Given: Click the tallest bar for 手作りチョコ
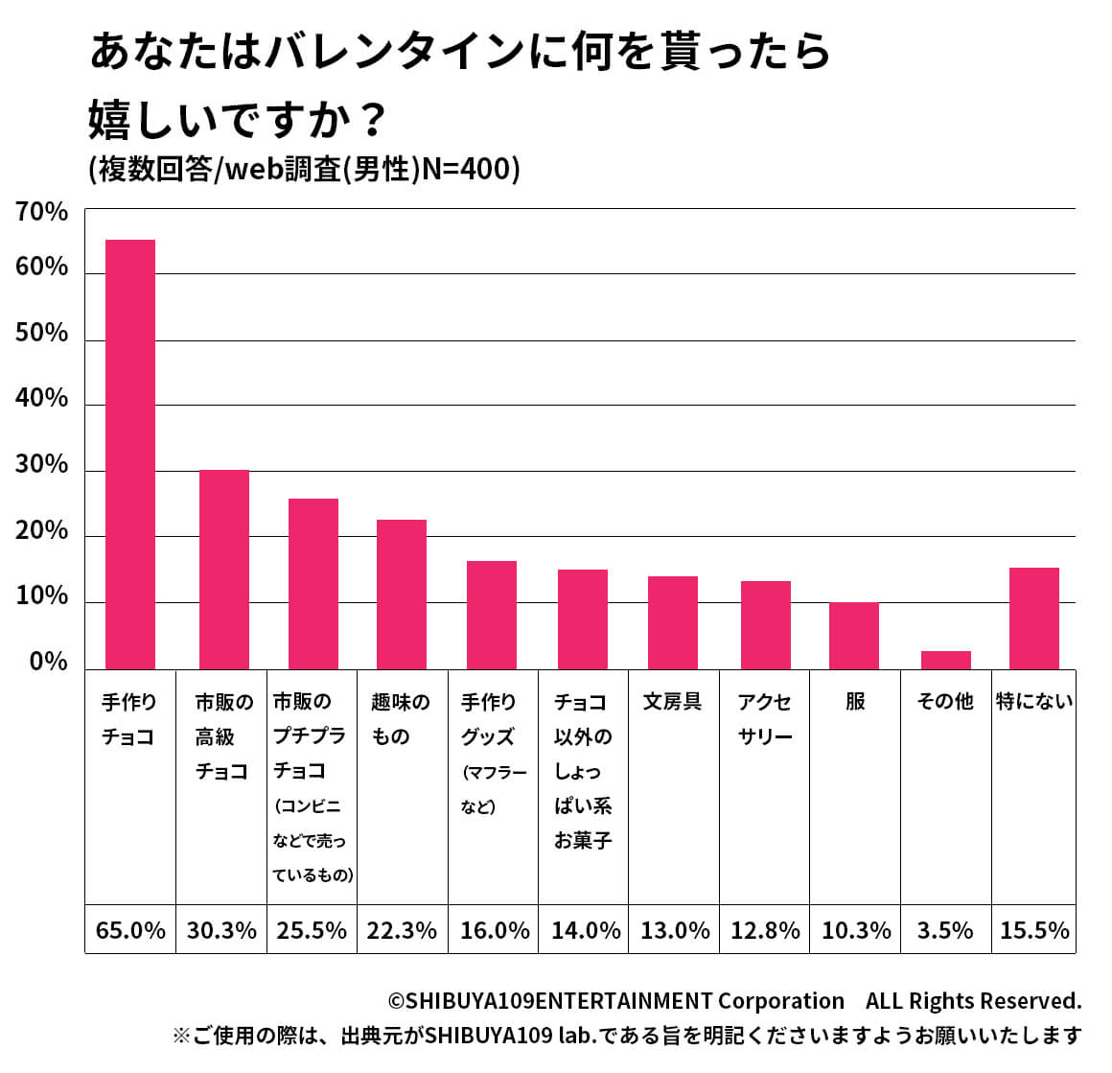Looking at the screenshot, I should click(129, 455).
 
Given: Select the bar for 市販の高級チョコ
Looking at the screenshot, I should click(223, 570).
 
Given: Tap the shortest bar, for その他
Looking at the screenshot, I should click(945, 660).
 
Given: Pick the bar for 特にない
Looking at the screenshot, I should click(1033, 618).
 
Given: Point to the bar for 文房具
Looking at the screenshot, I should click(672, 622).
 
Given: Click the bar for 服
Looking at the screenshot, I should click(853, 636).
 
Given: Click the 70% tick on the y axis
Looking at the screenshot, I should click(41, 212).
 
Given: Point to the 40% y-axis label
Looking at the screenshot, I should click(41, 399).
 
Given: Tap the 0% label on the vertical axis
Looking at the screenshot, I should click(48, 663).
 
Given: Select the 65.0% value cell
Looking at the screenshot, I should click(130, 930).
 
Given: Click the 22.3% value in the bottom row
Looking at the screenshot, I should click(402, 930).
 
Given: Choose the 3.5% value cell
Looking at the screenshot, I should click(945, 930).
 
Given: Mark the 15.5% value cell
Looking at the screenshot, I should click(1033, 930).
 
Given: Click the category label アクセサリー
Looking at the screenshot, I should click(764, 719).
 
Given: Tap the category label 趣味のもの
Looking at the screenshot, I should click(400, 719).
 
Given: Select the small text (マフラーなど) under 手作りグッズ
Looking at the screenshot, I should click(493, 789).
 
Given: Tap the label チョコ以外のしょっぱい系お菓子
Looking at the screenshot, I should click(582, 771).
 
